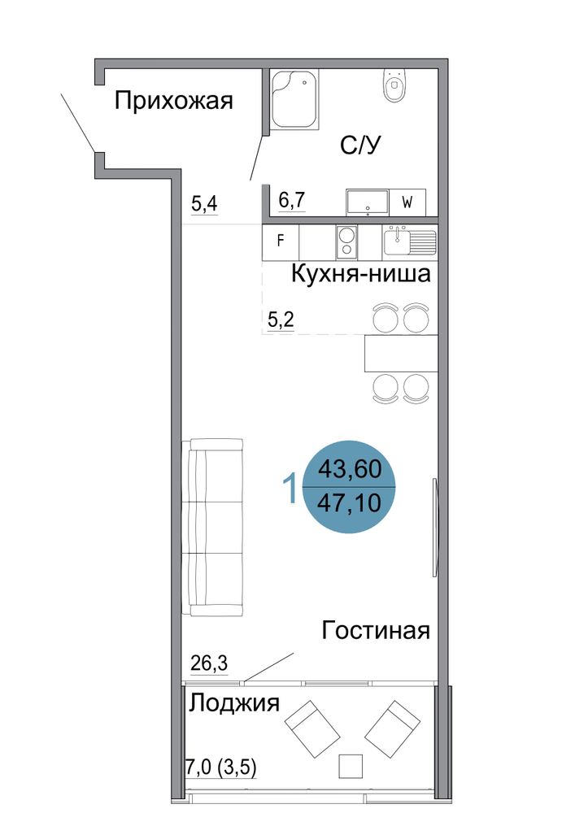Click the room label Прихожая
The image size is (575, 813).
(x=173, y=101)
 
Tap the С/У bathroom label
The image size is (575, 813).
(x=359, y=146)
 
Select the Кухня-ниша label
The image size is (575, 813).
(x=361, y=273)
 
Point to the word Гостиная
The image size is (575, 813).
(x=376, y=631)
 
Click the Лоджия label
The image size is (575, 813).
(x=234, y=703)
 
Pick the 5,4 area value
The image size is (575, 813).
(x=204, y=204)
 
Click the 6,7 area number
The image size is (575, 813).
(x=292, y=200)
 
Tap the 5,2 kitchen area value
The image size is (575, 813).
(x=281, y=319)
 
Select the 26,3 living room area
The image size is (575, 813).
(x=209, y=663)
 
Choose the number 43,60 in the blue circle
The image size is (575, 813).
(x=350, y=469)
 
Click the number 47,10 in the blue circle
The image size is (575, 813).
(x=349, y=502)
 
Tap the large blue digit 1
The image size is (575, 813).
(x=290, y=487)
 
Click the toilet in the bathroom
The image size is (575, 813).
(x=395, y=86)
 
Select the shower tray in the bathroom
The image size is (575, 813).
(x=294, y=99)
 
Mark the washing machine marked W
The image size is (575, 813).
(x=407, y=202)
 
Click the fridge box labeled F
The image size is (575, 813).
(x=281, y=242)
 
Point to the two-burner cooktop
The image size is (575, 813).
(x=346, y=242)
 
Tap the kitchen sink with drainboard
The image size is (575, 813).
(x=410, y=242)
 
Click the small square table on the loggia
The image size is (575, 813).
(x=351, y=765)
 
